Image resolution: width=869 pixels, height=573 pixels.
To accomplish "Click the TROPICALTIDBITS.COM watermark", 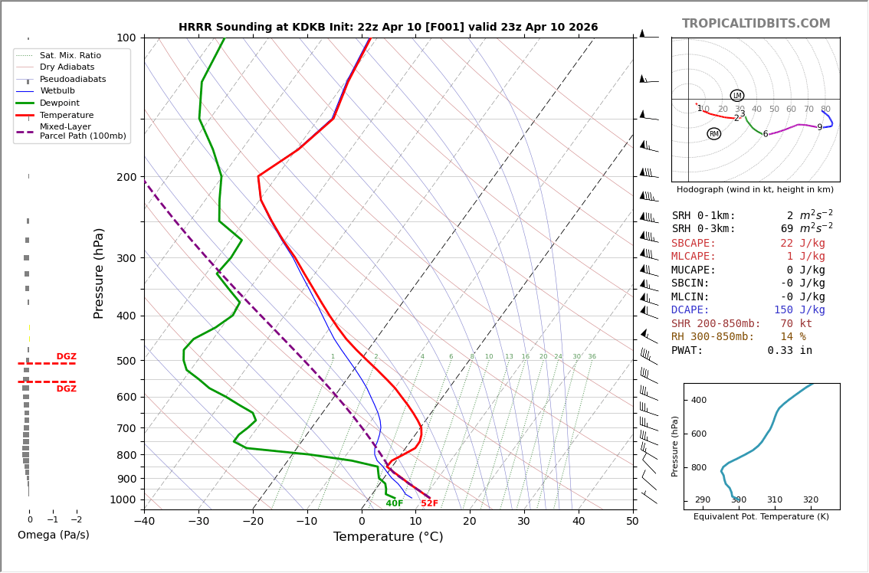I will tap(756, 24).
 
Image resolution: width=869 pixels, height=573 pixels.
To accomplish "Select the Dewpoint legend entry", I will tap(60, 103).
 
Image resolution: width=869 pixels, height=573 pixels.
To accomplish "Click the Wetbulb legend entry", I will tap(57, 90).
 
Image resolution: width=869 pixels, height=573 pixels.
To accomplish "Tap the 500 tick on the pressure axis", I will tap(126, 361).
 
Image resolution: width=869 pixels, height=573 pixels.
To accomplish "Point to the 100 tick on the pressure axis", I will tap(126, 38).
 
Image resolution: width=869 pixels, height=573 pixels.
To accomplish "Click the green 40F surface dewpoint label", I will tap(394, 503).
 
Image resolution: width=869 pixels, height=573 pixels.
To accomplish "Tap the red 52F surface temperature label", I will tap(429, 503).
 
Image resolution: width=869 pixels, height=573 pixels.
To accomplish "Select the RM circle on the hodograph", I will tap(713, 134).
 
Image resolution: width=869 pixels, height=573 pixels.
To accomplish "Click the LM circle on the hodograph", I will tap(736, 96).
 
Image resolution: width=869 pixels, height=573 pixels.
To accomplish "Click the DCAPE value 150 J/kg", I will tap(799, 310).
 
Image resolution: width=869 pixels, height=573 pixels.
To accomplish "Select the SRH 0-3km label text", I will tap(703, 229).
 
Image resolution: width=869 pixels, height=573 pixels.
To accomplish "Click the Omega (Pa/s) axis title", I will tap(53, 535).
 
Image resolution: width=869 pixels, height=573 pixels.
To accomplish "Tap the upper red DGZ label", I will tap(66, 357).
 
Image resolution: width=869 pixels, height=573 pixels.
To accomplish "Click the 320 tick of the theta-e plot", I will tap(810, 500).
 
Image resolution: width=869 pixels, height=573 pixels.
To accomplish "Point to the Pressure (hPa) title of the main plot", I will tap(99, 273).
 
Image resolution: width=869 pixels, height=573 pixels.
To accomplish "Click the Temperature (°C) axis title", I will tap(388, 538).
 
